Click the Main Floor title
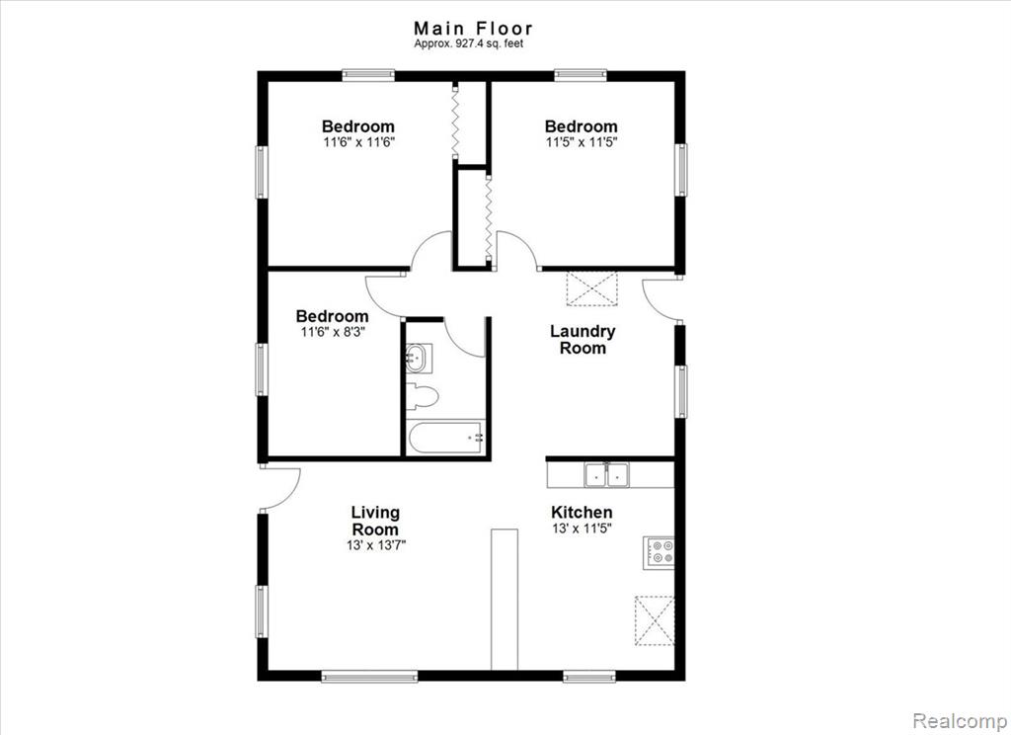pos(473,29)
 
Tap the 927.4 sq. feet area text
pos(469,43)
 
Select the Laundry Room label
pos(583,340)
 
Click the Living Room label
pos(375,521)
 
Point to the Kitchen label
pos(582,513)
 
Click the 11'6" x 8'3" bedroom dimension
pos(333,332)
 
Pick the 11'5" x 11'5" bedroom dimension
pos(581,142)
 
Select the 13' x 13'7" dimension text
pos(375,545)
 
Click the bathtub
pos(445,439)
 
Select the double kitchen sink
pos(607,475)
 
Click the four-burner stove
pos(659,551)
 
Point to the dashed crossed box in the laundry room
pos(592,287)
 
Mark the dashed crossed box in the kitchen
pos(656,620)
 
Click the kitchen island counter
pos(505,600)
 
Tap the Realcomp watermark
pos(960,720)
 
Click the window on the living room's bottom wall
pos(369,677)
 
